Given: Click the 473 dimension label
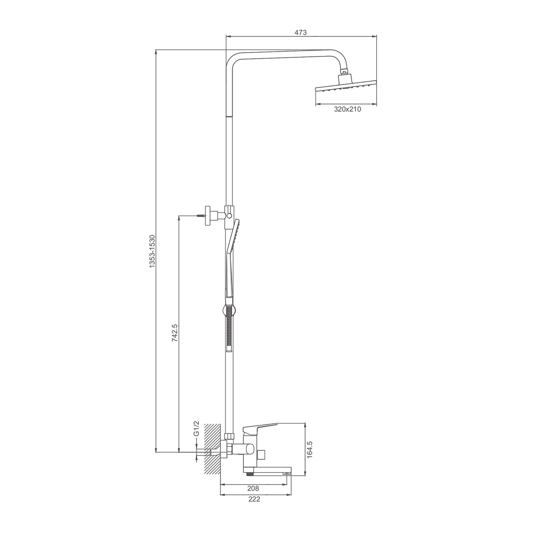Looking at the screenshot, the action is pyautogui.click(x=300, y=32).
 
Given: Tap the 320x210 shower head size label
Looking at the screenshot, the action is pyautogui.click(x=347, y=109).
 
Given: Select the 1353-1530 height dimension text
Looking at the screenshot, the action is pyautogui.click(x=152, y=251).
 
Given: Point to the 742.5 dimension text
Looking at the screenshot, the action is pyautogui.click(x=175, y=333).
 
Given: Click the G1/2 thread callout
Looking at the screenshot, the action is pyautogui.click(x=196, y=429).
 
